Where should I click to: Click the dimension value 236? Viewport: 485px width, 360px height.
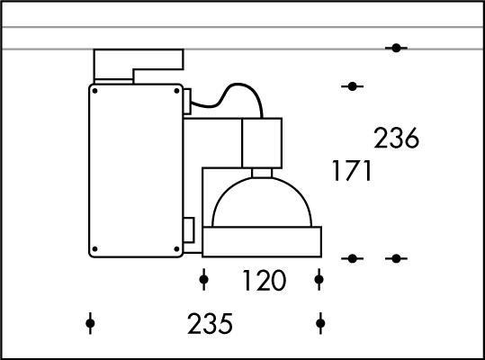coord(396,138)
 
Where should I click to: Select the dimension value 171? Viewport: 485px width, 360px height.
coord(352,170)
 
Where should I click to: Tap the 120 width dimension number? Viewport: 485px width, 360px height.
coord(264,280)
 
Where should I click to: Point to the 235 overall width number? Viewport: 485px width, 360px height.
coord(210,324)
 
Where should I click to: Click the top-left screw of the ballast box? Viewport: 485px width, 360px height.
coord(95,91)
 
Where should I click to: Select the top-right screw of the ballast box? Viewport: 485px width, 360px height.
coord(176,91)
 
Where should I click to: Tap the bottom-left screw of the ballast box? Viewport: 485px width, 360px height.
coord(95,249)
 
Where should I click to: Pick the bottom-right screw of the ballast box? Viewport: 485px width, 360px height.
coord(176,249)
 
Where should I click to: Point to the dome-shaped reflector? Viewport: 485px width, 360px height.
coord(262,179)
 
